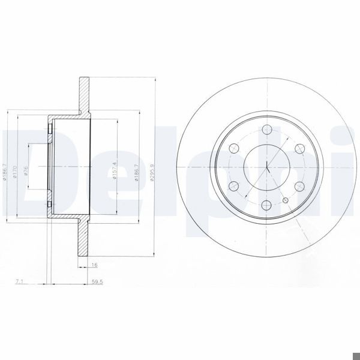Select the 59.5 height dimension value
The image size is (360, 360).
pyautogui.click(x=95, y=280)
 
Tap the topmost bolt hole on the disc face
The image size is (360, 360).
pyautogui.click(x=266, y=128)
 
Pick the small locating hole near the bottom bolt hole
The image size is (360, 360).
pyautogui.click(x=286, y=200)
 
